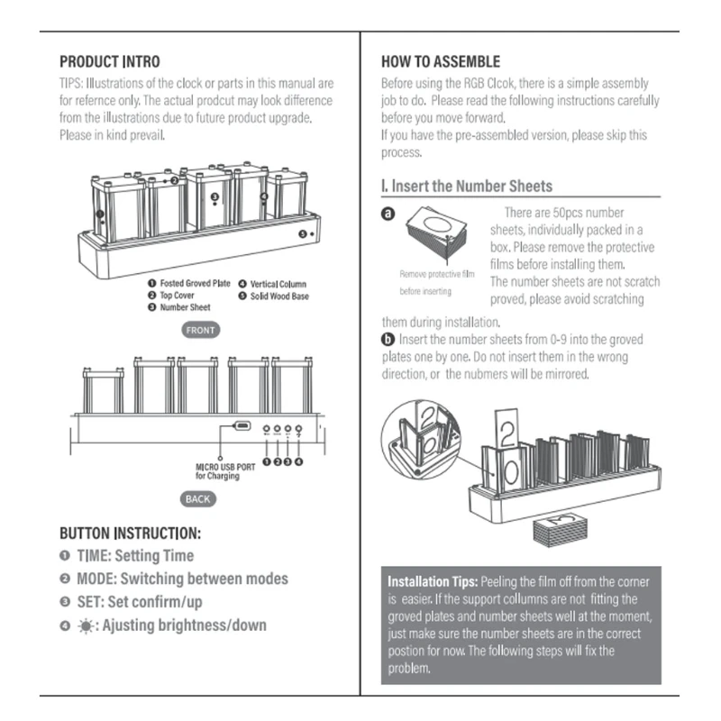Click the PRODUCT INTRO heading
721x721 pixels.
tap(109, 62)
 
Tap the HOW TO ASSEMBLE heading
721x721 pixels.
tap(440, 62)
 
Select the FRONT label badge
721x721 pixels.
tap(200, 331)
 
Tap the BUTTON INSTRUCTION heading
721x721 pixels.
tap(130, 534)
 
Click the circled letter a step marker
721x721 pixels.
tap(388, 214)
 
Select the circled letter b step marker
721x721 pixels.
tap(388, 340)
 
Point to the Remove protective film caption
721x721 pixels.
tap(437, 274)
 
